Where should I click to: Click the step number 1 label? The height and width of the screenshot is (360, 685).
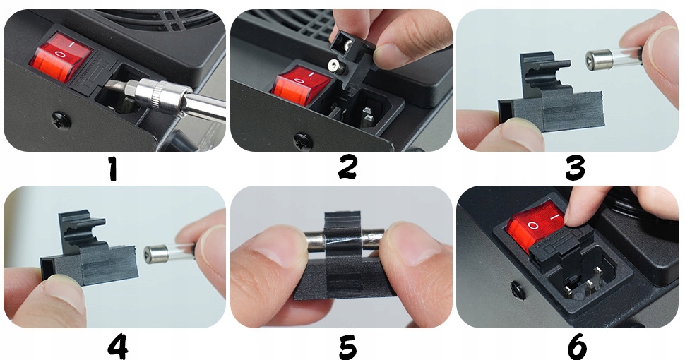[113, 169]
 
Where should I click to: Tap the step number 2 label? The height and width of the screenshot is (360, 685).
[347, 168]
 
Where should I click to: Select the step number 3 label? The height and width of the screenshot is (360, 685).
[575, 169]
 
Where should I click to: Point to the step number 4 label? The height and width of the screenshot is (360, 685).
[118, 347]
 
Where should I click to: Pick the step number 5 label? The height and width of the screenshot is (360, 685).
[347, 347]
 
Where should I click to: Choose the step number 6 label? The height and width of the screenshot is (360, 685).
[577, 347]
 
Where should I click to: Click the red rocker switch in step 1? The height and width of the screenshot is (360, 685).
[61, 61]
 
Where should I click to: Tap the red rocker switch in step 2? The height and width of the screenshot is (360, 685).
[301, 85]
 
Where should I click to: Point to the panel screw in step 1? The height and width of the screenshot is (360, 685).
[61, 120]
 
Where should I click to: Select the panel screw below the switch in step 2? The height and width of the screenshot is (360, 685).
[302, 140]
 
